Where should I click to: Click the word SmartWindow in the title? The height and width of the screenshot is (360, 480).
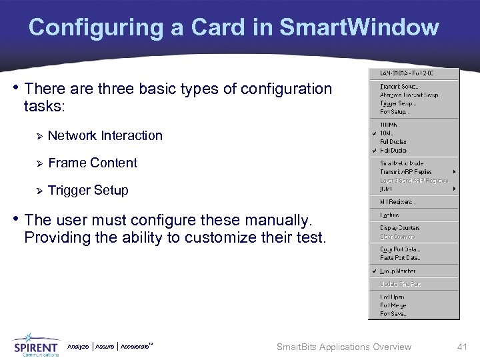(x=359, y=27)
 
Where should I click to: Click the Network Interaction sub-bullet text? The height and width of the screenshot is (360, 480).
(x=105, y=136)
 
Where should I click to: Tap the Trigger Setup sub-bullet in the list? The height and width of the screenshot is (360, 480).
(x=88, y=191)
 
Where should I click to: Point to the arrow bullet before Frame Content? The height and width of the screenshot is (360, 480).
(x=39, y=163)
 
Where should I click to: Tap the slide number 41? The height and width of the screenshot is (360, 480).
(x=462, y=347)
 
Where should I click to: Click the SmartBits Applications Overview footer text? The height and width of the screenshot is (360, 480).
(x=343, y=347)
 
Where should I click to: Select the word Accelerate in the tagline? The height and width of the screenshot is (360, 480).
(x=135, y=347)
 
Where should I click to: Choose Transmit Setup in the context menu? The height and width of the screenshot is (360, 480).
(x=398, y=87)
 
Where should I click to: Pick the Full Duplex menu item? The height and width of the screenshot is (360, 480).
(x=393, y=142)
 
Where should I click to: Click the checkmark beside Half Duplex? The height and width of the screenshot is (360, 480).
(x=375, y=151)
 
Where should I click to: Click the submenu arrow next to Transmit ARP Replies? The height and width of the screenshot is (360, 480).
(x=455, y=172)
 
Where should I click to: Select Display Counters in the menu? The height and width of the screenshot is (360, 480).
(x=400, y=228)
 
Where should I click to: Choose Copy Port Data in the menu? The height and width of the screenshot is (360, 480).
(x=400, y=249)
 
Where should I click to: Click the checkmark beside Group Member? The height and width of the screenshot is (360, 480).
(x=375, y=271)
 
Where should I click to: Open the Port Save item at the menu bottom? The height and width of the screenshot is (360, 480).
(x=393, y=314)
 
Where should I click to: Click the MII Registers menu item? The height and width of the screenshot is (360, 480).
(x=398, y=202)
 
